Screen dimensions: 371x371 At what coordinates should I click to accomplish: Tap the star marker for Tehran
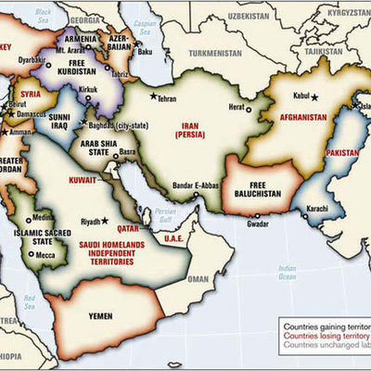click(x=152, y=96)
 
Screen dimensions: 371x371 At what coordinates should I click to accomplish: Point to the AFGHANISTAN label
click(x=299, y=117)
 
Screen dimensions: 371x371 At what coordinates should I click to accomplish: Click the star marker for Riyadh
click(x=105, y=220)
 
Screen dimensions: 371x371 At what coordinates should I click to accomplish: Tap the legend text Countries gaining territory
click(x=324, y=327)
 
